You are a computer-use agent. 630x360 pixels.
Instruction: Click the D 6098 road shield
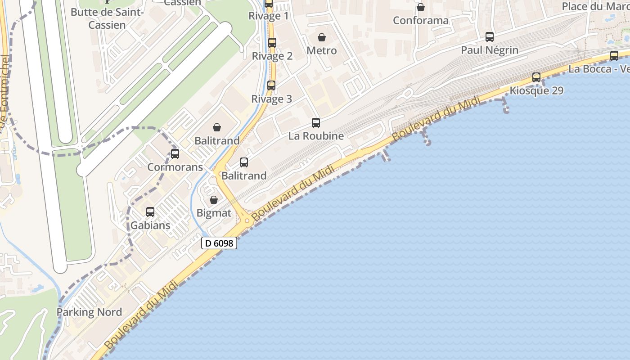[219, 243]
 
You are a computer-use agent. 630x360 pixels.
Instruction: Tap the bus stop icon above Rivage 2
[272, 43]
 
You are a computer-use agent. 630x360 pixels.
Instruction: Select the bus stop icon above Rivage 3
[271, 85]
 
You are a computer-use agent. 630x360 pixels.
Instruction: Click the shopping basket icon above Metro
[322, 37]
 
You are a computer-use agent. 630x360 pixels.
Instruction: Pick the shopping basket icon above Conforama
[420, 7]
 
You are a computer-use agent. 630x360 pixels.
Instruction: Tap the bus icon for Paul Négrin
[489, 37]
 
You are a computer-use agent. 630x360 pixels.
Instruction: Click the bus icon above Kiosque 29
[536, 77]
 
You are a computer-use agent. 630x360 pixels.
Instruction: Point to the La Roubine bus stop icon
[316, 122]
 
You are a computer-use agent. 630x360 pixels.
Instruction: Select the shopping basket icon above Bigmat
[214, 200]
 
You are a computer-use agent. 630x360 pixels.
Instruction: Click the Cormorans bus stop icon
[175, 154]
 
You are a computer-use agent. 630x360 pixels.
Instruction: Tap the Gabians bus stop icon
[150, 211]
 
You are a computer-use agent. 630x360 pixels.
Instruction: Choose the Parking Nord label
[89, 312]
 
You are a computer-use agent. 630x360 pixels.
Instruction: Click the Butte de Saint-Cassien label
[107, 18]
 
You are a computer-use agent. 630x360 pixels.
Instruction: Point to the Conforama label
[420, 20]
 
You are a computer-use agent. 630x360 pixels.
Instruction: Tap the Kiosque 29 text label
[536, 90]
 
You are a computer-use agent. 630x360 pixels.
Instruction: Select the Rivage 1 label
[269, 16]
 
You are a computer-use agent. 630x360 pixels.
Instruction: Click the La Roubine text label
[316, 135]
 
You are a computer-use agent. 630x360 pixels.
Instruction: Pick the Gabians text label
[150, 225]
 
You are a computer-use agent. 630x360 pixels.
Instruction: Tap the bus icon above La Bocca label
[614, 56]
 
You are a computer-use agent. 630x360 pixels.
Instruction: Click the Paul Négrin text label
[489, 50]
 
